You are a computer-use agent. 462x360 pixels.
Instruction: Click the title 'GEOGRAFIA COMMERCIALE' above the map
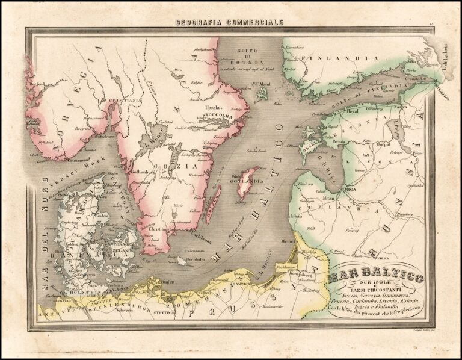(229, 23)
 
